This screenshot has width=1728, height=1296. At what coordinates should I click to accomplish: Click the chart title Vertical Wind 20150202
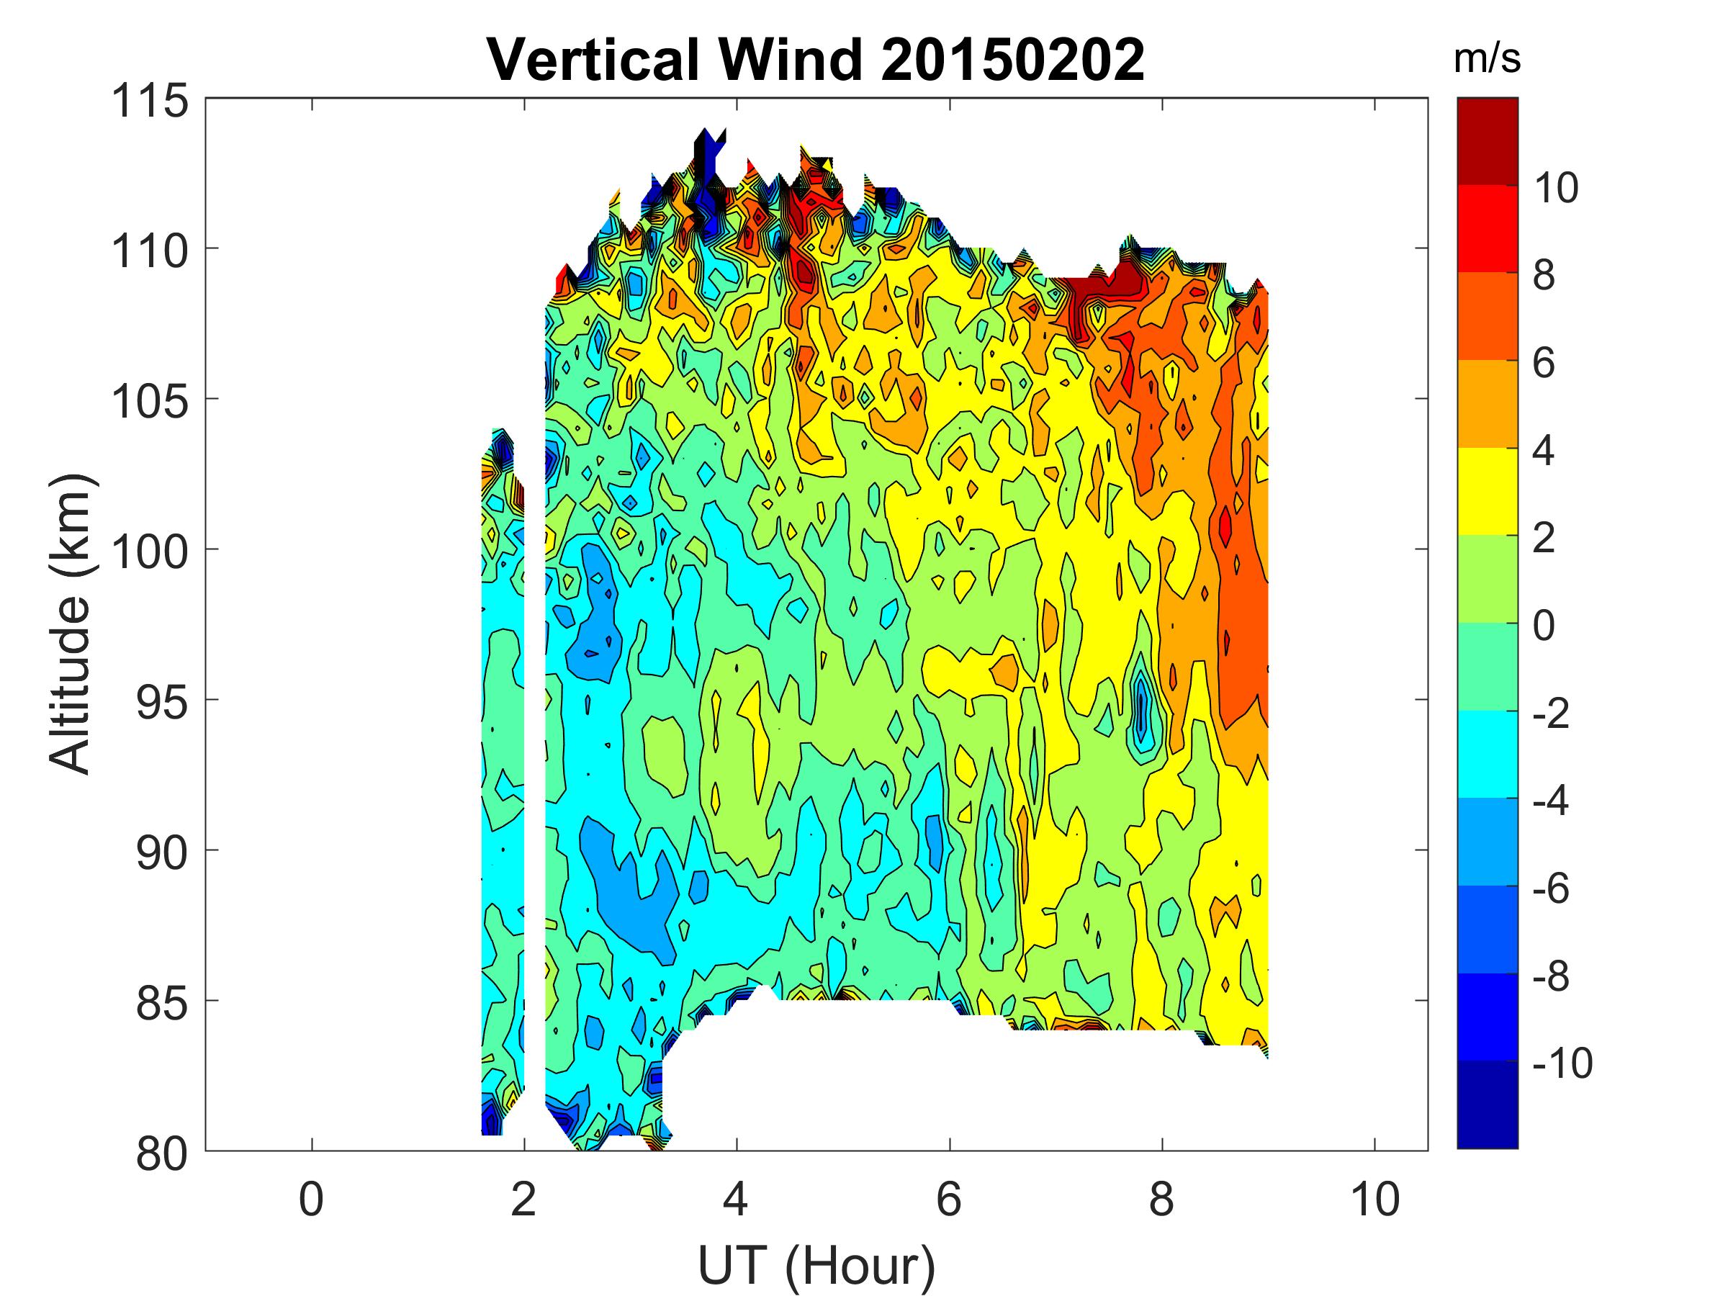(816, 59)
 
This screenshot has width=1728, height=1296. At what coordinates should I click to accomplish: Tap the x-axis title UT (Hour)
(816, 1266)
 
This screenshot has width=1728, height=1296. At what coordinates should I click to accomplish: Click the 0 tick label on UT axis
(311, 1199)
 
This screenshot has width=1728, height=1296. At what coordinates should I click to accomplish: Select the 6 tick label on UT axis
(949, 1199)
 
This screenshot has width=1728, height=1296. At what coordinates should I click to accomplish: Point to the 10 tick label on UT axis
(1375, 1199)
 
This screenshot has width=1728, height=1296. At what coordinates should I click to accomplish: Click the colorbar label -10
(1562, 1063)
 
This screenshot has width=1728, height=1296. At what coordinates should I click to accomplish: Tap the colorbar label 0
(1544, 626)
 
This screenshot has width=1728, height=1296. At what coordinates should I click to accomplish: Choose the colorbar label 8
(1544, 276)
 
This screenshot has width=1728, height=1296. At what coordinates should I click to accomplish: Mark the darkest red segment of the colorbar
(1487, 140)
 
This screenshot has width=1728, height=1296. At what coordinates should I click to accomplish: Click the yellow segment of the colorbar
(1487, 491)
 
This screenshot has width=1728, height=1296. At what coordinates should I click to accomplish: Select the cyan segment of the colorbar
(1487, 754)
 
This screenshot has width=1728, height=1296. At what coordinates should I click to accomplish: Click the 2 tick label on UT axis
(523, 1199)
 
